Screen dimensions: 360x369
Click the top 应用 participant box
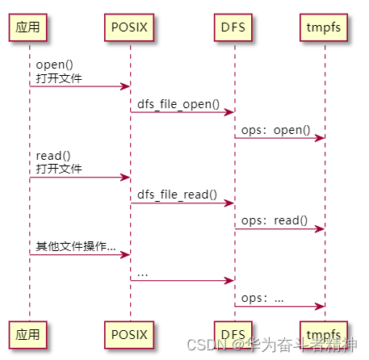(x=30, y=27)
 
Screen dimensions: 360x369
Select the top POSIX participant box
(x=130, y=27)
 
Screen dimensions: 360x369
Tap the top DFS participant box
(x=234, y=27)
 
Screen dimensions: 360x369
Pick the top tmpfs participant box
(x=325, y=27)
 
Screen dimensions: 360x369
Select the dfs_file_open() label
(x=178, y=104)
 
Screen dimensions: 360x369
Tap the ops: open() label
(x=275, y=130)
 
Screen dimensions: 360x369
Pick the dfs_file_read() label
(x=177, y=195)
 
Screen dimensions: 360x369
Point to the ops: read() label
(x=275, y=220)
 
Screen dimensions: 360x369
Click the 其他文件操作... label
(x=75, y=246)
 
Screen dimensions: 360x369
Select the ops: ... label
(x=262, y=298)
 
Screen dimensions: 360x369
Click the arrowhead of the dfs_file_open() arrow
(x=230, y=112)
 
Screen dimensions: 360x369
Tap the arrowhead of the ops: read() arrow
(x=321, y=229)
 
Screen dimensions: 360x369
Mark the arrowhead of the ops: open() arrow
(x=321, y=139)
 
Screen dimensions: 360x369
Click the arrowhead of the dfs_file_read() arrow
(x=230, y=203)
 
